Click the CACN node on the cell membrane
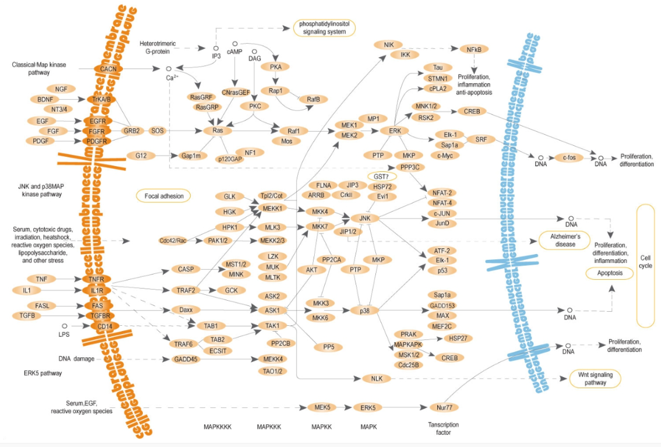click(x=108, y=69)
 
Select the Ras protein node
click(x=217, y=131)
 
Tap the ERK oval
click(x=395, y=131)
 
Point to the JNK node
click(x=365, y=219)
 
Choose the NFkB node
click(x=474, y=50)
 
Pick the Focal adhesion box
click(x=164, y=196)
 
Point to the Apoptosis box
click(x=609, y=273)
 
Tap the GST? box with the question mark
click(x=381, y=176)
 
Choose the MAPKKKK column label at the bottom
click(x=217, y=427)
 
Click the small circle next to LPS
click(x=65, y=325)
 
